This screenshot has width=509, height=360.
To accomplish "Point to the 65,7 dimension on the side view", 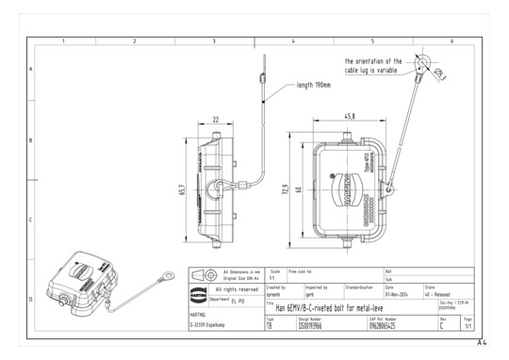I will pyautogui.click(x=184, y=189).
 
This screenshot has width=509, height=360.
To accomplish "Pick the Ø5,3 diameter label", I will pyautogui.click(x=441, y=76).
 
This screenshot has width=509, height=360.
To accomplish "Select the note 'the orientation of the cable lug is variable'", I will pyautogui.click(x=372, y=66).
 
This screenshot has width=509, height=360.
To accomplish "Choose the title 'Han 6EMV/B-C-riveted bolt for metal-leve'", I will pyautogui.click(x=336, y=306).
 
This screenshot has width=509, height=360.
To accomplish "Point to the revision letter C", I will pyautogui.click(x=442, y=327).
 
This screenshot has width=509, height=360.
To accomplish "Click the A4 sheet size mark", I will pyautogui.click(x=482, y=343).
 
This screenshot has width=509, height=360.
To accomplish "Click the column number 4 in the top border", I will pyautogui.click(x=294, y=41).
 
